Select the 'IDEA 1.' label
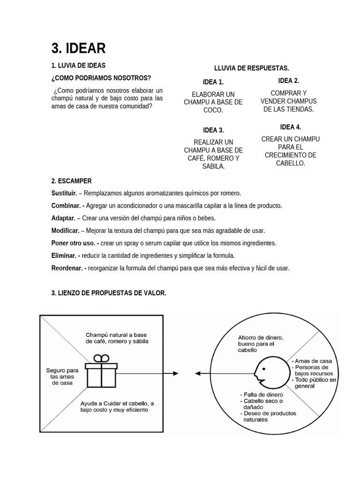213,82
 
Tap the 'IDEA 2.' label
289,81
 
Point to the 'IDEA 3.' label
213,130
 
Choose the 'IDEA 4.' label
291,127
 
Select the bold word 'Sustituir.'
64,193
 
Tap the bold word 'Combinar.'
66,206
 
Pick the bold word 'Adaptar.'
63,218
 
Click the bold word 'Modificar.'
65,231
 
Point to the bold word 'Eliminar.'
64,255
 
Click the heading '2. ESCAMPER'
71,181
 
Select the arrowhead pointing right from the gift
175,373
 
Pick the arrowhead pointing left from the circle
197,373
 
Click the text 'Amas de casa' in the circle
313,361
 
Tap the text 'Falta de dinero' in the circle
263,394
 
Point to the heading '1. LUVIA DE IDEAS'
78,66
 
